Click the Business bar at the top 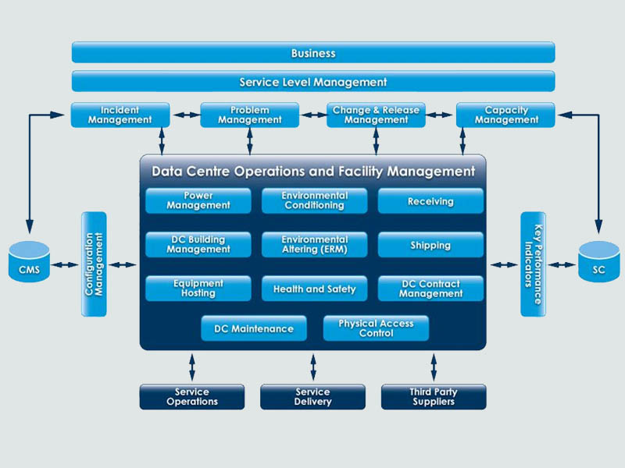point(313,53)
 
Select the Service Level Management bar point(313,82)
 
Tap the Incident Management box point(120,115)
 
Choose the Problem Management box point(249,115)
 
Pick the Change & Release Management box point(376,115)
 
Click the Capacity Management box point(505,115)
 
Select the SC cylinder point(599,264)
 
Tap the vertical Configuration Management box point(94,264)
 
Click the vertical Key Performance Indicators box point(533,264)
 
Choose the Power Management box point(198,200)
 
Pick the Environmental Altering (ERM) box point(314,244)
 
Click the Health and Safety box point(314,289)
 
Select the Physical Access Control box point(376,328)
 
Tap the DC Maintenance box point(254,328)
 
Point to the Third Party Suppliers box point(434,397)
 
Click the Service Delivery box point(312,397)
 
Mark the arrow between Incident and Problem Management point(184,115)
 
